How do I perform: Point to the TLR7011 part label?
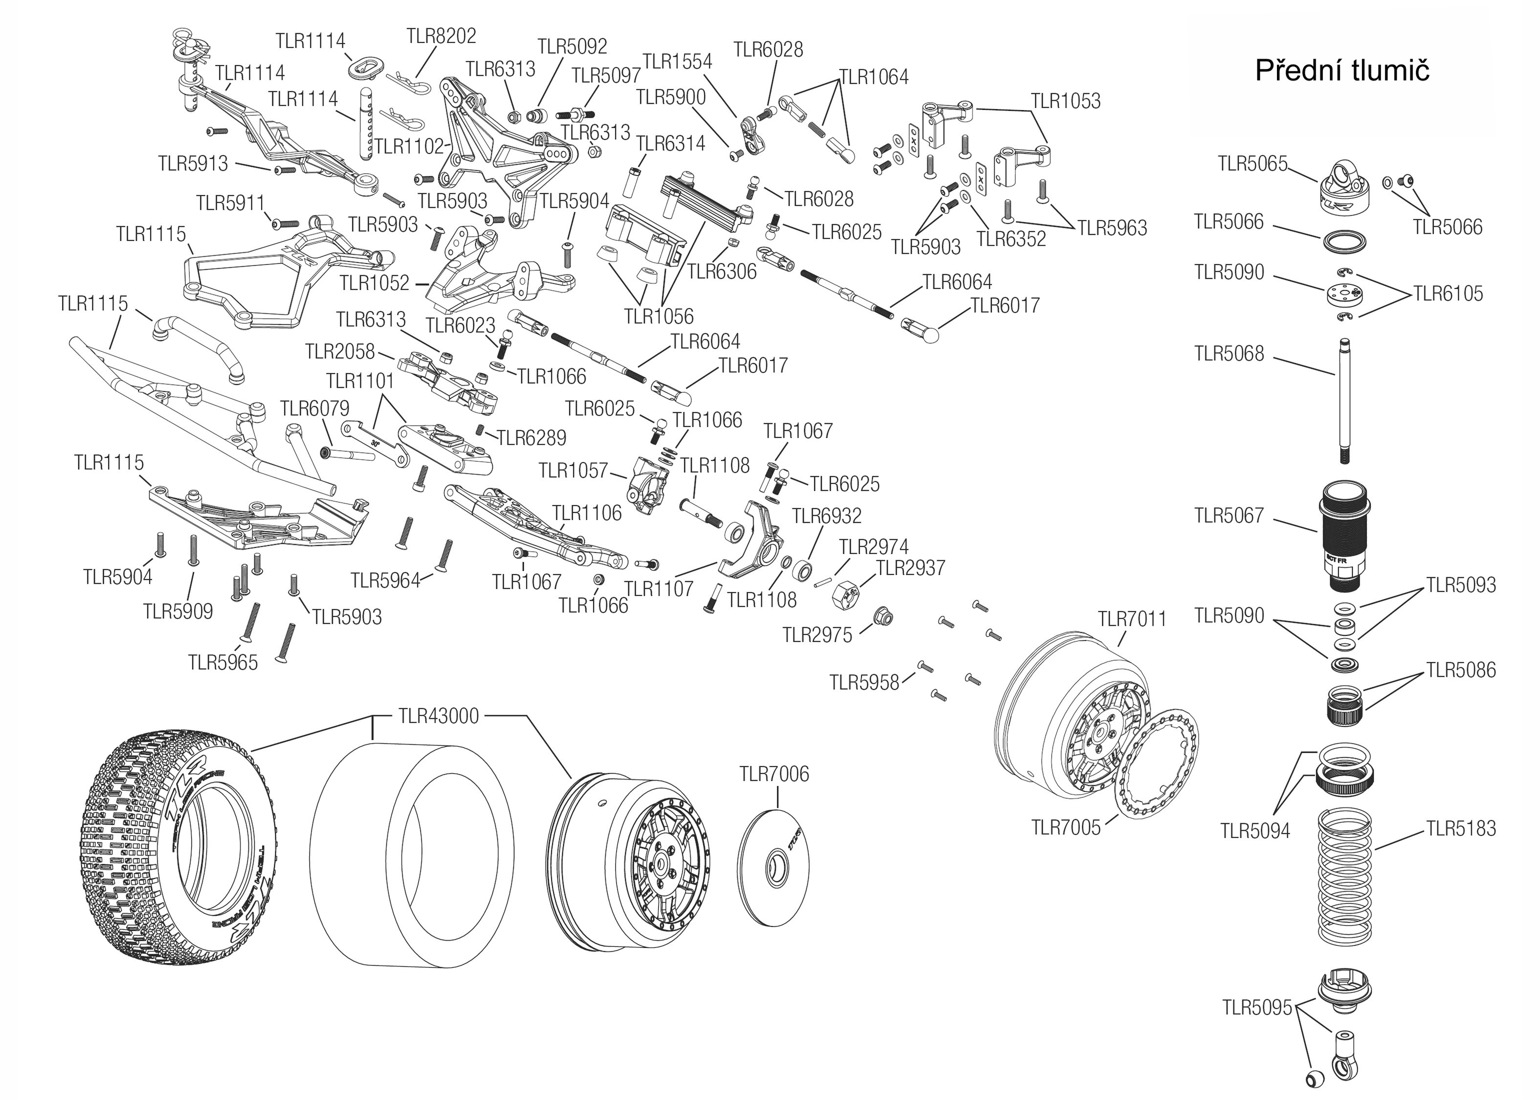1132,619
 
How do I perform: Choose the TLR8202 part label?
441,36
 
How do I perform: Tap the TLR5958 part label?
864,682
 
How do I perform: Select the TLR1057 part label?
573,470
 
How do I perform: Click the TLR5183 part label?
1461,828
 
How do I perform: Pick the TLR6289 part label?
531,438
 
